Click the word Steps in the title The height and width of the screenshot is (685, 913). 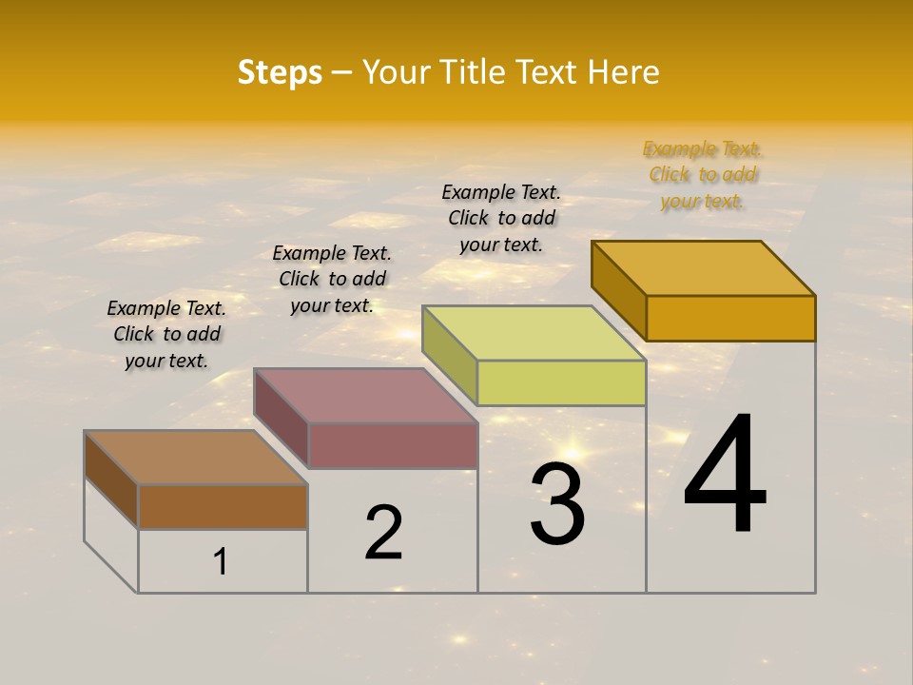tap(280, 72)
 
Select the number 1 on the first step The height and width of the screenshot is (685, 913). tap(221, 562)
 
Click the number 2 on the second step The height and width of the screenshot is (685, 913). tap(383, 533)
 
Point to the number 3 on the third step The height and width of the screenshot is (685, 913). tap(556, 505)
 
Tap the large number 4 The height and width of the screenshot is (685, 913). tap(725, 475)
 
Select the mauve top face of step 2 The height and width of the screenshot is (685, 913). tap(366, 396)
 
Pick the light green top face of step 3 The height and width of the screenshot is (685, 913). tap(534, 333)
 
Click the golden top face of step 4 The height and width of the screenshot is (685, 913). tap(704, 268)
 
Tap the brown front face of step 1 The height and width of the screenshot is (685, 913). tap(223, 507)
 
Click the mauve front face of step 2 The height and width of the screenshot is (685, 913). tap(393, 445)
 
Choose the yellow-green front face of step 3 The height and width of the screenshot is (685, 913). tap(561, 382)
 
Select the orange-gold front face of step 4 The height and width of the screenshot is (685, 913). tap(730, 318)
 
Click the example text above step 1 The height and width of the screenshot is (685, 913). tap(166, 334)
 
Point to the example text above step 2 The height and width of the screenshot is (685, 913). tap(332, 279)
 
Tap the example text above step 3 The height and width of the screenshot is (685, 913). tap(501, 218)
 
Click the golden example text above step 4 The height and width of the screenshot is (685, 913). tap(703, 174)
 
